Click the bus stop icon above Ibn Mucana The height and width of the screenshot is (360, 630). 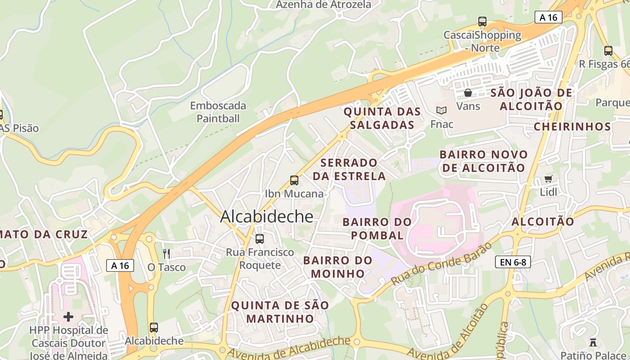coord(294,180)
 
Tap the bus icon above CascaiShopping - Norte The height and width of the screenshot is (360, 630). coord(482,21)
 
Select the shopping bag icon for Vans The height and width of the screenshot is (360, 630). coord(468,93)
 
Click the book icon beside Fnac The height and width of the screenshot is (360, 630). coord(441,110)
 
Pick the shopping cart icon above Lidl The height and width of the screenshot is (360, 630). coord(548,179)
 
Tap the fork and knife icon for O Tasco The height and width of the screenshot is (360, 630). coord(166,254)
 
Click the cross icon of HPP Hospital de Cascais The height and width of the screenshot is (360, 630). coord(68,317)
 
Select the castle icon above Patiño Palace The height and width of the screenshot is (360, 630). coord(594,342)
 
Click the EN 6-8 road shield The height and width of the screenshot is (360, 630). coord(513,262)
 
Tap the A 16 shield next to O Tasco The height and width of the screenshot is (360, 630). coord(120,265)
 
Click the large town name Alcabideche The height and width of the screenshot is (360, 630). coord(266,217)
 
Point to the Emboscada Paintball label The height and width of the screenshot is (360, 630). coord(218,112)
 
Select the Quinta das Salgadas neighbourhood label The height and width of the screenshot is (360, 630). coord(382,118)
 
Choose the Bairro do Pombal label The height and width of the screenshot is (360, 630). coord(377,229)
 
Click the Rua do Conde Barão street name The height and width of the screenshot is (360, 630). coord(441,264)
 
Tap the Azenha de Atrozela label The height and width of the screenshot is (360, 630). coord(324,4)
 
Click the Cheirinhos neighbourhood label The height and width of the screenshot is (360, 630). coord(572,126)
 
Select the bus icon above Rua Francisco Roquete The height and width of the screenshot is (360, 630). coord(260,239)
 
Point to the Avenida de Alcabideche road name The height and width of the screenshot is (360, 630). coord(288,348)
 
